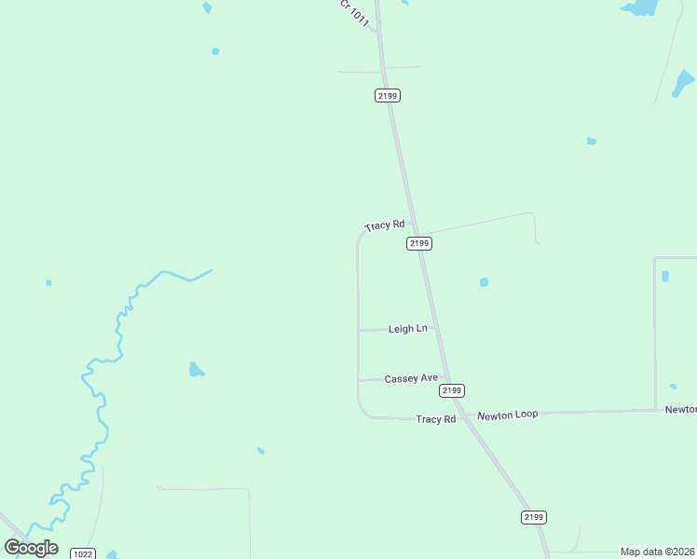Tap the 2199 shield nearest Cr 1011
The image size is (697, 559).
(388, 95)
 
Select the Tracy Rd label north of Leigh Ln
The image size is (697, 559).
(385, 225)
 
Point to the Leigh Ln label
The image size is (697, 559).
(407, 329)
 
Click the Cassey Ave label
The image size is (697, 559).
(411, 378)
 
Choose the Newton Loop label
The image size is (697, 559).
(508, 415)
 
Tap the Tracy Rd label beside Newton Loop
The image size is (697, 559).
(436, 419)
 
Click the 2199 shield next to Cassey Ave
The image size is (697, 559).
(452, 390)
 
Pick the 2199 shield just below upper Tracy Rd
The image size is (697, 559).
(419, 243)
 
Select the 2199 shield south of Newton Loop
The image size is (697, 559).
(534, 517)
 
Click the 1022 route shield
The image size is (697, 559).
(83, 553)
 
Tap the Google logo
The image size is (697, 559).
(31, 547)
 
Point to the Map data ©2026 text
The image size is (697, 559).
(658, 552)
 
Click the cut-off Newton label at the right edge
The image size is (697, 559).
(680, 409)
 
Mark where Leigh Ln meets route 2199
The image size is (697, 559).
(433, 328)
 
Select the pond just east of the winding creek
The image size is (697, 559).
(196, 370)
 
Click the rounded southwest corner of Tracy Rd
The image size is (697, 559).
(363, 411)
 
